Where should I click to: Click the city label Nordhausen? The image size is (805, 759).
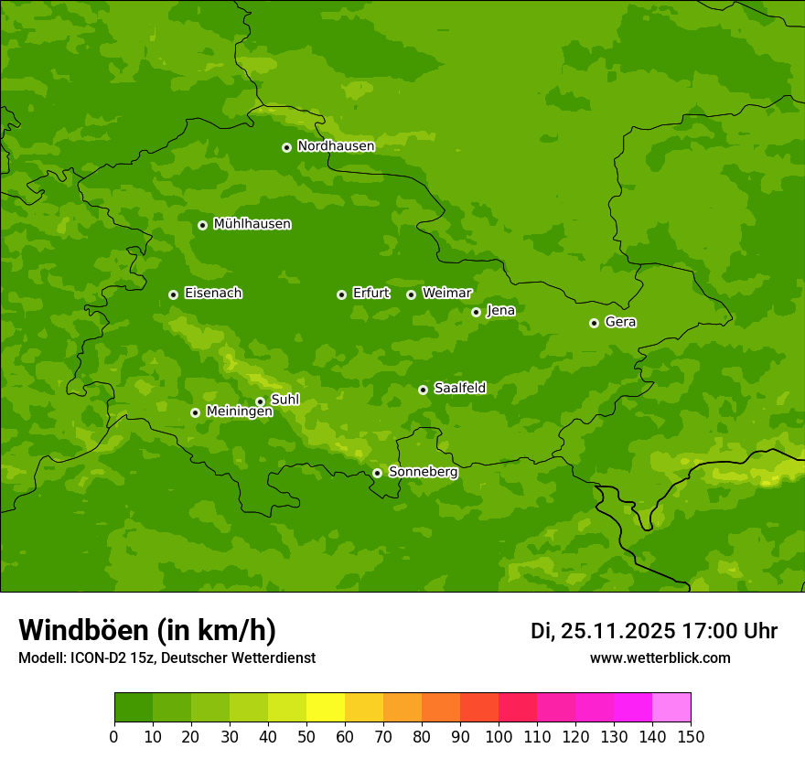click(x=336, y=146)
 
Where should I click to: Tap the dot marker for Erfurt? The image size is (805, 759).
click(x=341, y=294)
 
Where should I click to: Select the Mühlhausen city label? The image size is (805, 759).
click(x=252, y=224)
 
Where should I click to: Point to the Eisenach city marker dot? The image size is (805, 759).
click(x=173, y=294)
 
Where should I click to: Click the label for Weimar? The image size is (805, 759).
click(x=446, y=294)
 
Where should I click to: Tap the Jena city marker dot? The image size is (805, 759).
click(x=476, y=312)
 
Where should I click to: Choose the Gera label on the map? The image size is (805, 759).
click(x=620, y=322)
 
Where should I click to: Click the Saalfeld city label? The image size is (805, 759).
click(x=459, y=389)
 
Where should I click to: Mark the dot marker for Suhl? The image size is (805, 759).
click(x=260, y=401)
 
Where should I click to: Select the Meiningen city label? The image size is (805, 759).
click(x=239, y=412)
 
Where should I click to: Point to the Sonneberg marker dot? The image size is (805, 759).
click(x=377, y=473)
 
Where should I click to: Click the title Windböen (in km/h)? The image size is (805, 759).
click(x=147, y=630)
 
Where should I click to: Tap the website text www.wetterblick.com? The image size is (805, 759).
click(x=660, y=657)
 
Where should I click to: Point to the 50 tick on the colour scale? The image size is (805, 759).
click(x=306, y=736)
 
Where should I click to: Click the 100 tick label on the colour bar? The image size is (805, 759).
click(x=499, y=736)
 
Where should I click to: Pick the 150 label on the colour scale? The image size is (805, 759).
click(x=691, y=736)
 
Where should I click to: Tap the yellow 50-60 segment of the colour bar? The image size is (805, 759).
click(x=326, y=708)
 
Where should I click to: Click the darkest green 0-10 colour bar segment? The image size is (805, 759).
click(x=134, y=708)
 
